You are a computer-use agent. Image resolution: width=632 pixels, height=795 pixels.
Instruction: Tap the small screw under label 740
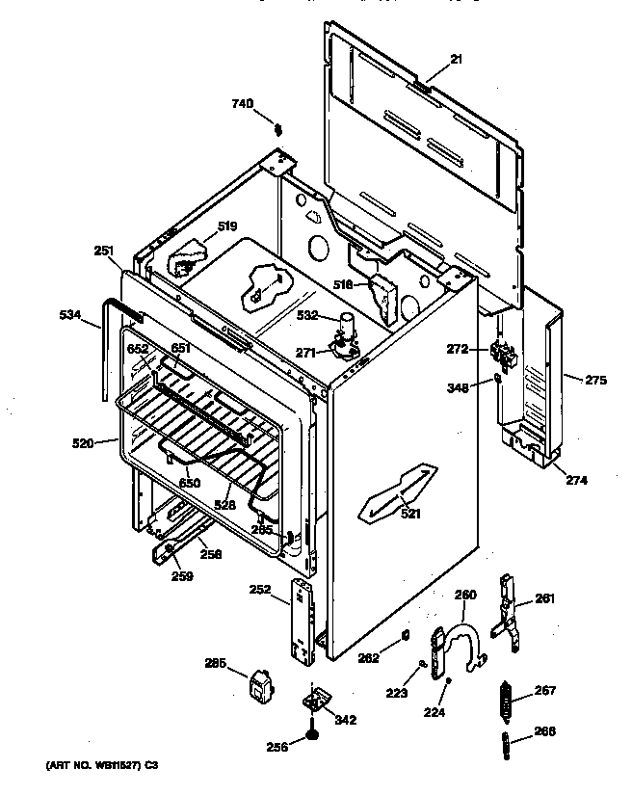(278, 128)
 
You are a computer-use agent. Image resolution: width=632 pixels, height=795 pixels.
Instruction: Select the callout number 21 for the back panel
(456, 60)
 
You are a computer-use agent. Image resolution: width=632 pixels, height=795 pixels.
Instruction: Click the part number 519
(226, 226)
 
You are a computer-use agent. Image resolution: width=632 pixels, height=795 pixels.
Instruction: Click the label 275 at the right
(595, 380)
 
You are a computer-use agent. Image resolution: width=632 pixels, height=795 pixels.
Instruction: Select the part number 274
(576, 479)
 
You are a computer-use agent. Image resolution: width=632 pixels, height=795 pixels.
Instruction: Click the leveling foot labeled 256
(313, 736)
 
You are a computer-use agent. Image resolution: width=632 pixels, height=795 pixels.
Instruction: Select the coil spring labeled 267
(505, 701)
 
